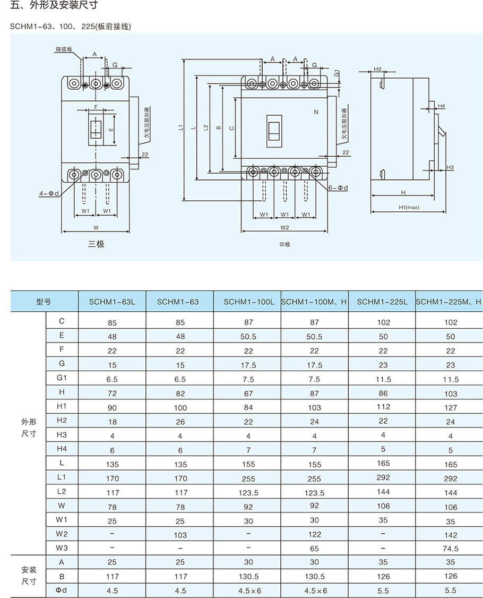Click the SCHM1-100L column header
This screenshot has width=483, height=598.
(248, 302)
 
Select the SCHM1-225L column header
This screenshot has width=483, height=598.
(382, 302)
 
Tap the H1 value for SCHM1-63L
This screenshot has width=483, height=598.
(112, 407)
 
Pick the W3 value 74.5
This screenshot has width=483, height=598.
(451, 549)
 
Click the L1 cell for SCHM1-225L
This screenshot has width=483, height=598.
(383, 477)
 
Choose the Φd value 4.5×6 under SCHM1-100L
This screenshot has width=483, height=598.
(248, 591)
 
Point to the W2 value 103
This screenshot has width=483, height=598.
(181, 535)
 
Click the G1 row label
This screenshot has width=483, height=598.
(62, 379)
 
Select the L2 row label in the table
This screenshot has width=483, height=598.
(62, 491)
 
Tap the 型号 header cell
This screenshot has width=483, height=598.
(44, 302)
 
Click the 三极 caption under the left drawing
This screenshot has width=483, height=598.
(97, 244)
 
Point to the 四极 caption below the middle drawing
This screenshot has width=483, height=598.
(285, 244)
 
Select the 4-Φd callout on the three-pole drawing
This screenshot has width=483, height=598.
(46, 194)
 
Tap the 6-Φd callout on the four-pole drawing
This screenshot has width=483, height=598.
(338, 188)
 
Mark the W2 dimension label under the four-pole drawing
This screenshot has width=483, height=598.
(284, 227)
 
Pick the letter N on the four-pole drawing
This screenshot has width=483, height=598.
(316, 112)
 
